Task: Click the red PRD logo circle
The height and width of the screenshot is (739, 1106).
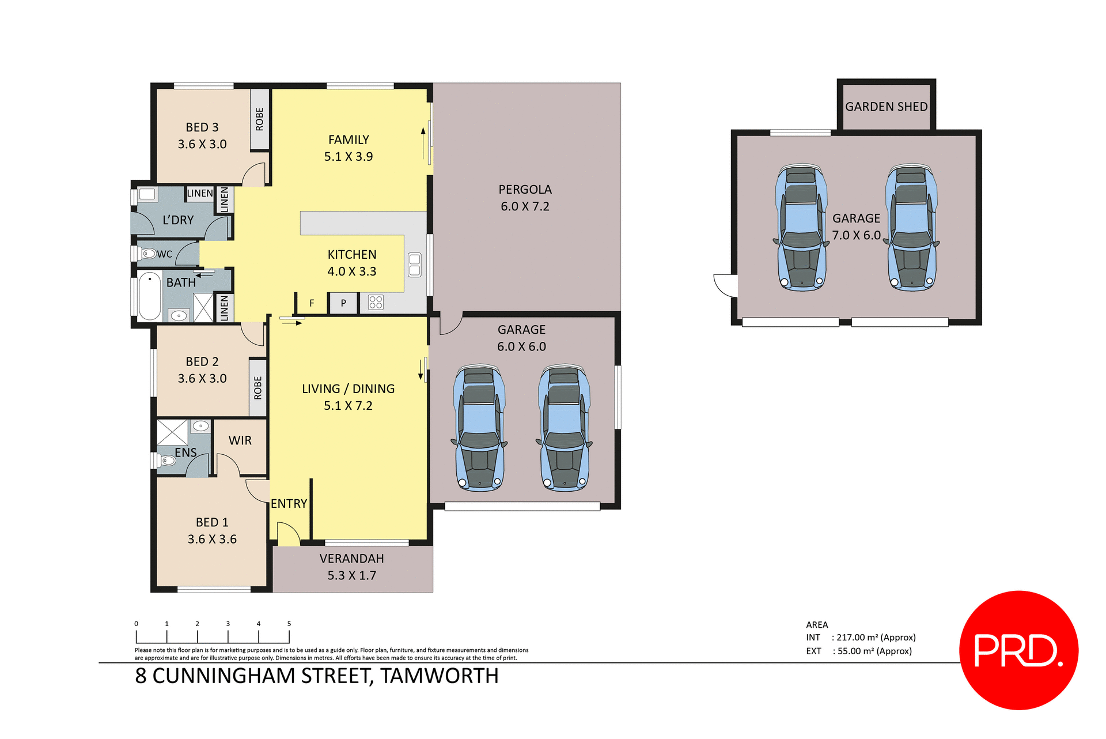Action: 1018,650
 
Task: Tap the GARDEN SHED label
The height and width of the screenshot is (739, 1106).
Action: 886,107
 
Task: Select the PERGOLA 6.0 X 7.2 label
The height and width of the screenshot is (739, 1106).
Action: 525,198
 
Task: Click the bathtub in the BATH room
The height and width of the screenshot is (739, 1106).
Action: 150,296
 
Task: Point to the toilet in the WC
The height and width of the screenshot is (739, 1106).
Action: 149,254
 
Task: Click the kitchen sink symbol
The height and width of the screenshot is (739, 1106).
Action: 415,265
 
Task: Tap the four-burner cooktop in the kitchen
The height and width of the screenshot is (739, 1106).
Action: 376,302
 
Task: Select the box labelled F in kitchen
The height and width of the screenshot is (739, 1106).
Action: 312,303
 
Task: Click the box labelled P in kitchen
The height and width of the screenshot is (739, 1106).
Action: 343,303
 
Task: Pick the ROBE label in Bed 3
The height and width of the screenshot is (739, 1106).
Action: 260,119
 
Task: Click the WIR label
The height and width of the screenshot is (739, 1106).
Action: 240,440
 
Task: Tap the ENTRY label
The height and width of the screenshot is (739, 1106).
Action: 289,504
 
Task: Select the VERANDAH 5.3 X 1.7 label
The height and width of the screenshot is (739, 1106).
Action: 351,567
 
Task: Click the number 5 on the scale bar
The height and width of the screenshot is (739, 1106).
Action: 289,624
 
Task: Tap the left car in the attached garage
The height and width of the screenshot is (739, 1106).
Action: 479,428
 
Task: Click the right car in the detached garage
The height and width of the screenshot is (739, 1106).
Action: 911,227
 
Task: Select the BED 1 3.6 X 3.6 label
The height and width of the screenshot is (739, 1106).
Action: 212,530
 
